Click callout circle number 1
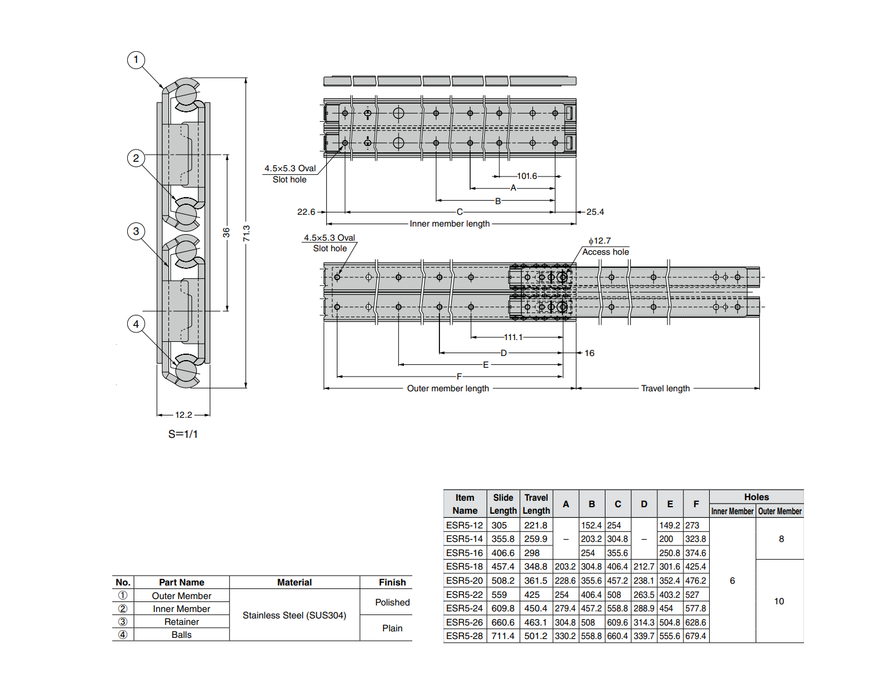point(136,59)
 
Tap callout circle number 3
point(136,231)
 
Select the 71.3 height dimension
point(246,233)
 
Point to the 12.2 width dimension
point(183,415)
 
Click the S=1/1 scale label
point(183,434)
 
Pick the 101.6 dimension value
point(527,176)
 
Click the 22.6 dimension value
point(306,212)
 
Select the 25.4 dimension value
point(595,212)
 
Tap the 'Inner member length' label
point(449,224)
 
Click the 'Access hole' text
point(605,252)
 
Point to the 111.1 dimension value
point(513,337)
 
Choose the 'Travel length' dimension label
point(665,388)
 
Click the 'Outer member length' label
point(448,388)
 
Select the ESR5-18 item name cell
point(464,567)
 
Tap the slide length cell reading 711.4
point(502,636)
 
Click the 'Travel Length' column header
point(536,504)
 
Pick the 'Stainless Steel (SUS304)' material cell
point(294,616)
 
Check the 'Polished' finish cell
point(392,603)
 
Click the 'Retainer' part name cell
point(181,622)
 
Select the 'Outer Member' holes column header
point(780,511)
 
